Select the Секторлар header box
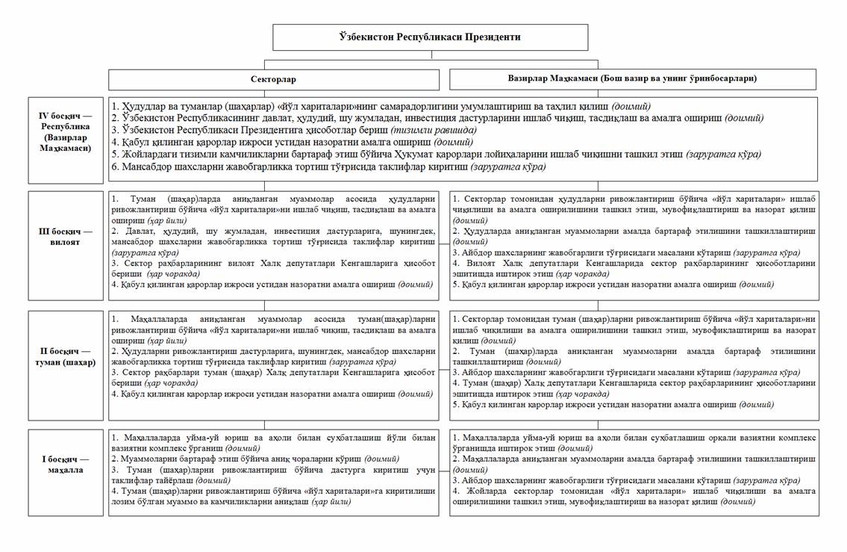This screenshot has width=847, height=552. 272,78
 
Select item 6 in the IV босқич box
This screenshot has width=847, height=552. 328,167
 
